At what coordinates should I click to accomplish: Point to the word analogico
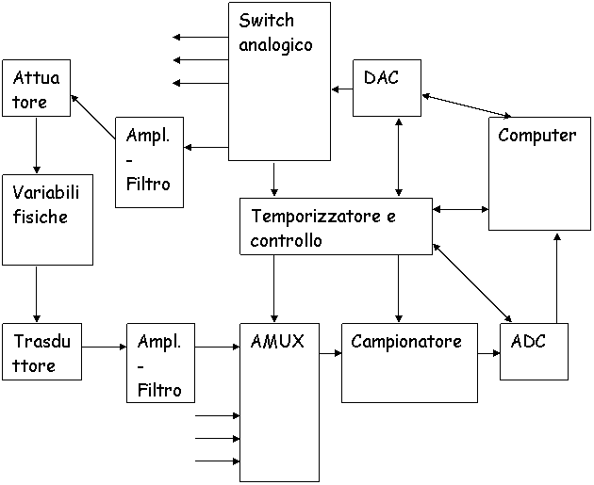[x=275, y=44]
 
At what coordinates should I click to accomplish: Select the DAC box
[x=387, y=89]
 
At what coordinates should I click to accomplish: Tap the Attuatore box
[x=36, y=89]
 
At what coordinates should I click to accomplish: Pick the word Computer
[x=536, y=136]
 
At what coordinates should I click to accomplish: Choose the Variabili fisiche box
[x=47, y=219]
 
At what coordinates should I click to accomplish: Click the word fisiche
[x=40, y=217]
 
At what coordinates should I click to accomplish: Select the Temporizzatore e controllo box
[x=336, y=227]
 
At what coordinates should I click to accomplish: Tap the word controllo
[x=286, y=240]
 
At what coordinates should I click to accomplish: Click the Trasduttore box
[x=41, y=353]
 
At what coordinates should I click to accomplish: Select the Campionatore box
[x=409, y=364]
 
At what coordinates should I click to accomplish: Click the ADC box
[x=534, y=353]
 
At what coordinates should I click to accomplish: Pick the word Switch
[x=266, y=21]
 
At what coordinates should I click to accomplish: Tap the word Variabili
[x=46, y=192]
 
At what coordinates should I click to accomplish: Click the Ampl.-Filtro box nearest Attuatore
[x=149, y=162]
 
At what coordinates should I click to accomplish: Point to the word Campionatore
[x=406, y=341]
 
